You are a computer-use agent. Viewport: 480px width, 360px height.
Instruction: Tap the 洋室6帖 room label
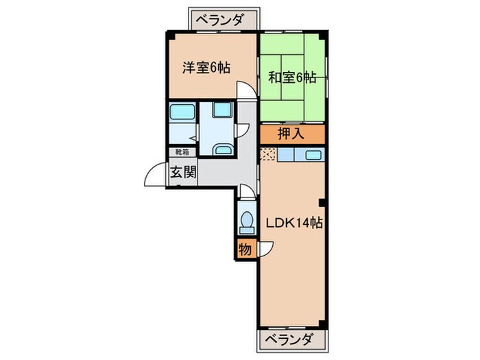click(x=205, y=68)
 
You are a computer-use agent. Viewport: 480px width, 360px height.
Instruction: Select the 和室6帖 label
click(x=291, y=77)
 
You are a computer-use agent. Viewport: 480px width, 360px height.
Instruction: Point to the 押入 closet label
click(x=291, y=134)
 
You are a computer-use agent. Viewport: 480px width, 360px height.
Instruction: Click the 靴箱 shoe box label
click(x=182, y=152)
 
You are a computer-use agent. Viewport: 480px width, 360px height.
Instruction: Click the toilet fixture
click(x=246, y=221)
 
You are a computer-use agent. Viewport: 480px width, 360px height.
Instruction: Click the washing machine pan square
click(x=221, y=110)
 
